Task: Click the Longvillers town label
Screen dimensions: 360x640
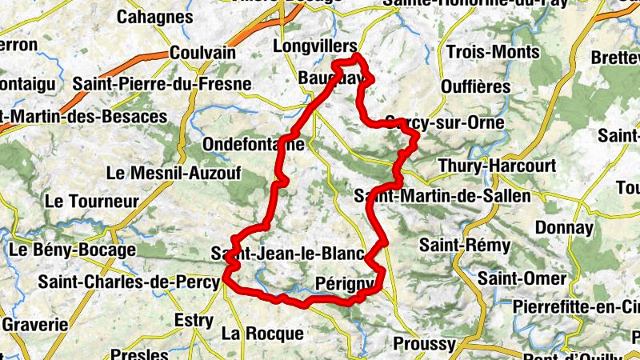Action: tap(314, 47)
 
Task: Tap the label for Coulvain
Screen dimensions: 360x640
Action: tap(202, 53)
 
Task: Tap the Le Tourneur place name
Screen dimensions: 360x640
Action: tap(93, 201)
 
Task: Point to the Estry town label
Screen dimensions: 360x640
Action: tap(194, 322)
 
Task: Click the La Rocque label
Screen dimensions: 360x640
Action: tap(262, 333)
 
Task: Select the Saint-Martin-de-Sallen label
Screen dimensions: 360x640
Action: tap(442, 195)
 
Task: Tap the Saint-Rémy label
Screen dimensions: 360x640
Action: tap(458, 245)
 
